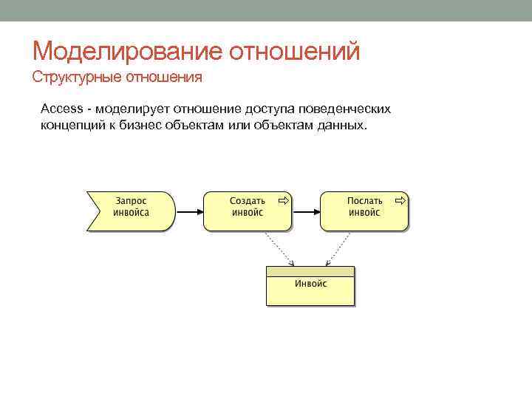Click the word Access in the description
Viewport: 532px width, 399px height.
(62, 109)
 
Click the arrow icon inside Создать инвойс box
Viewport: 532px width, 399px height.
(282, 200)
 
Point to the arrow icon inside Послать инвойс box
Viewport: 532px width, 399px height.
(399, 200)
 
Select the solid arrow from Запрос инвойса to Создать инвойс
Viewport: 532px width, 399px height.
(188, 211)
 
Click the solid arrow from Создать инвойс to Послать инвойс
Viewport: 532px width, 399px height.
(305, 211)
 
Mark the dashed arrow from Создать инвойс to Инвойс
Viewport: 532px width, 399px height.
(279, 248)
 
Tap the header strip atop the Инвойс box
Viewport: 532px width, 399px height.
(310, 271)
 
